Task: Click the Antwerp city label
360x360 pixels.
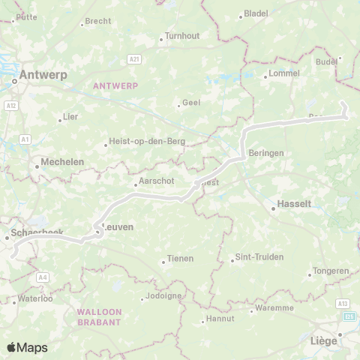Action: click(43, 74)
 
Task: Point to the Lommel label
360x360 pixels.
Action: click(284, 73)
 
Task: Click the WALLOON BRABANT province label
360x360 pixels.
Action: click(98, 316)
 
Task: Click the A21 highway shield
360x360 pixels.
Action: click(134, 58)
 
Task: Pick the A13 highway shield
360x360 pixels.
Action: click(343, 303)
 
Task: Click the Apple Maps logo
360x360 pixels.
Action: click(27, 347)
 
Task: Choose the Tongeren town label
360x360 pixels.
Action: click(331, 271)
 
